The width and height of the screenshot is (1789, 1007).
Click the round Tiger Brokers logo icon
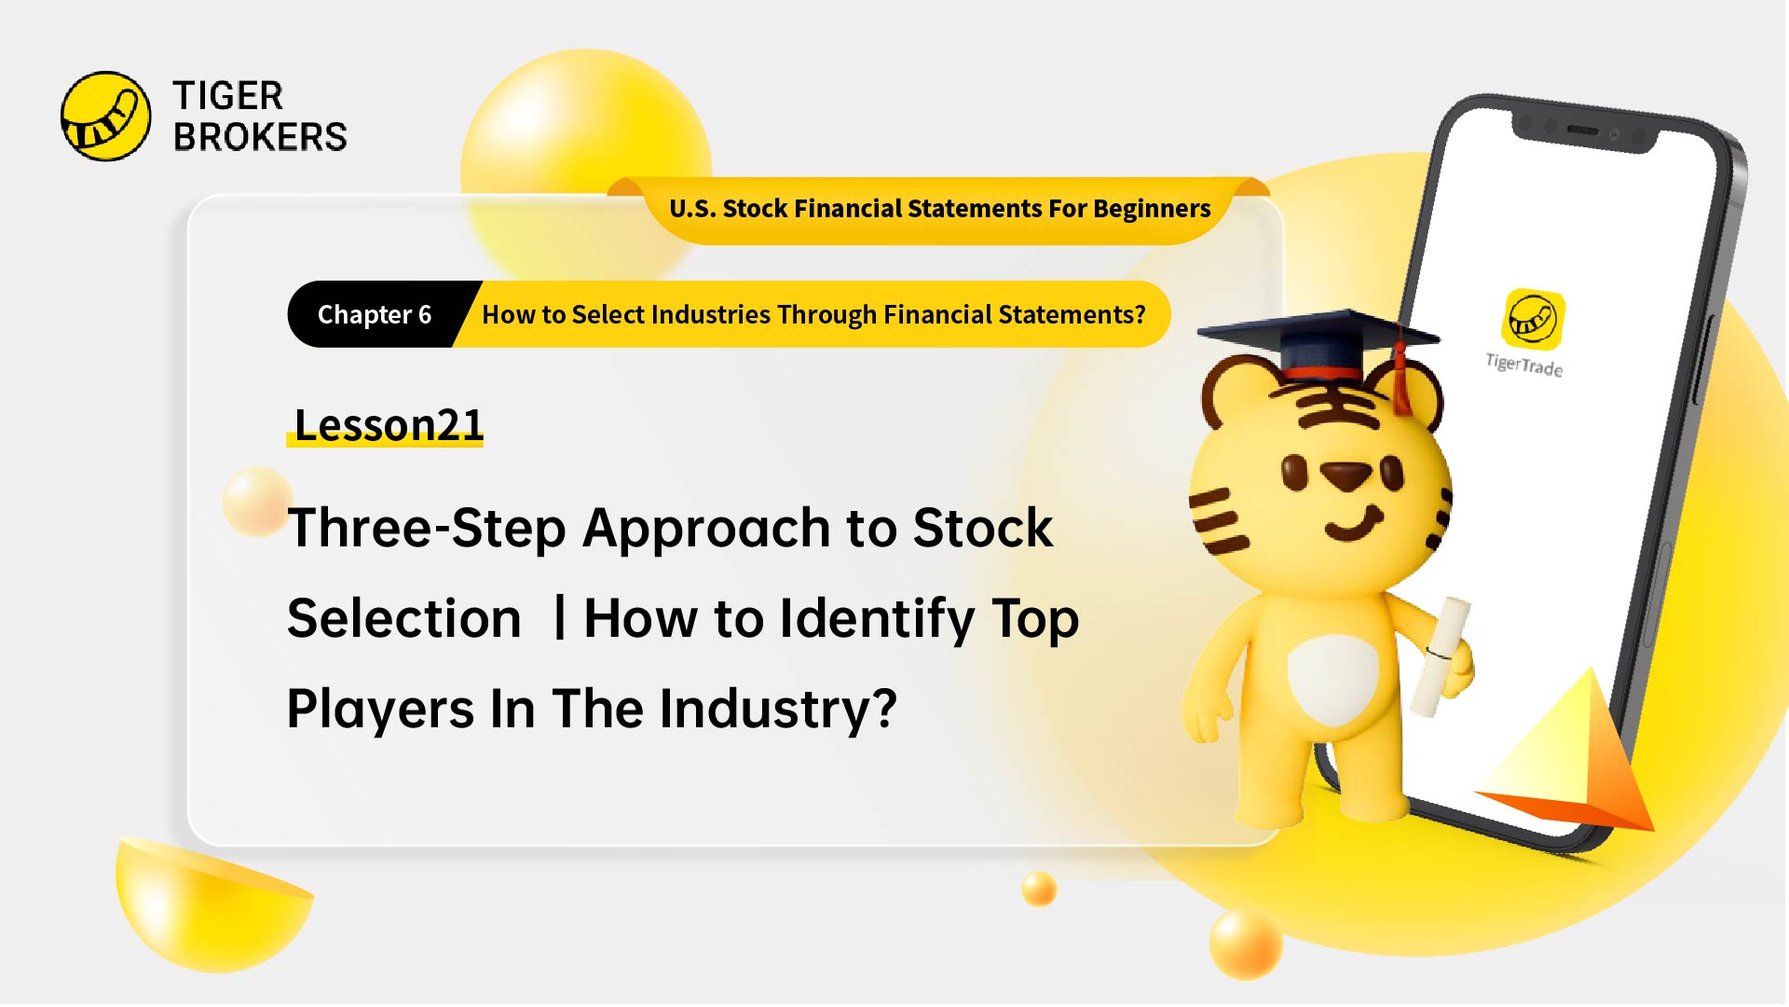pos(105,117)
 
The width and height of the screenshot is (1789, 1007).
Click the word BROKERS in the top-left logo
pos(260,137)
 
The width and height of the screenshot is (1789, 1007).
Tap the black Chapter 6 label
pos(375,315)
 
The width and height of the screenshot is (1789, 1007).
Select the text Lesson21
pos(389,425)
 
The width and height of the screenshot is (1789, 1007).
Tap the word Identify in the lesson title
pos(877,619)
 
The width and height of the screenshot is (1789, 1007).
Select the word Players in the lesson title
pos(380,710)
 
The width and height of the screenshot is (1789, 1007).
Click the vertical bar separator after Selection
pos(559,617)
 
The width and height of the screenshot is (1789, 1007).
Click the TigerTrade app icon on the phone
pos(1533,319)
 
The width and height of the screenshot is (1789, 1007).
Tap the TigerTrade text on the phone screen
pos(1524,365)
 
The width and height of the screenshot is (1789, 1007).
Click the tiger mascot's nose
pos(1345,476)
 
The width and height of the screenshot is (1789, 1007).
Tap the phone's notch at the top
pos(1584,133)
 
